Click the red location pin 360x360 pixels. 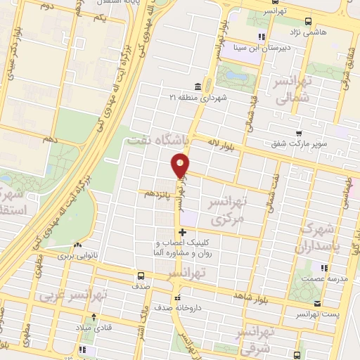click(x=181, y=165)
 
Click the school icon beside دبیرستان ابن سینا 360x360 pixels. click(x=262, y=37)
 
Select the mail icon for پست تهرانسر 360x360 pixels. click(x=319, y=304)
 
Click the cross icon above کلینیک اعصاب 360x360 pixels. click(x=182, y=232)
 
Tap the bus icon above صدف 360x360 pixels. click(x=140, y=276)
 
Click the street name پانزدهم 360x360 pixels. click(x=156, y=192)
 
